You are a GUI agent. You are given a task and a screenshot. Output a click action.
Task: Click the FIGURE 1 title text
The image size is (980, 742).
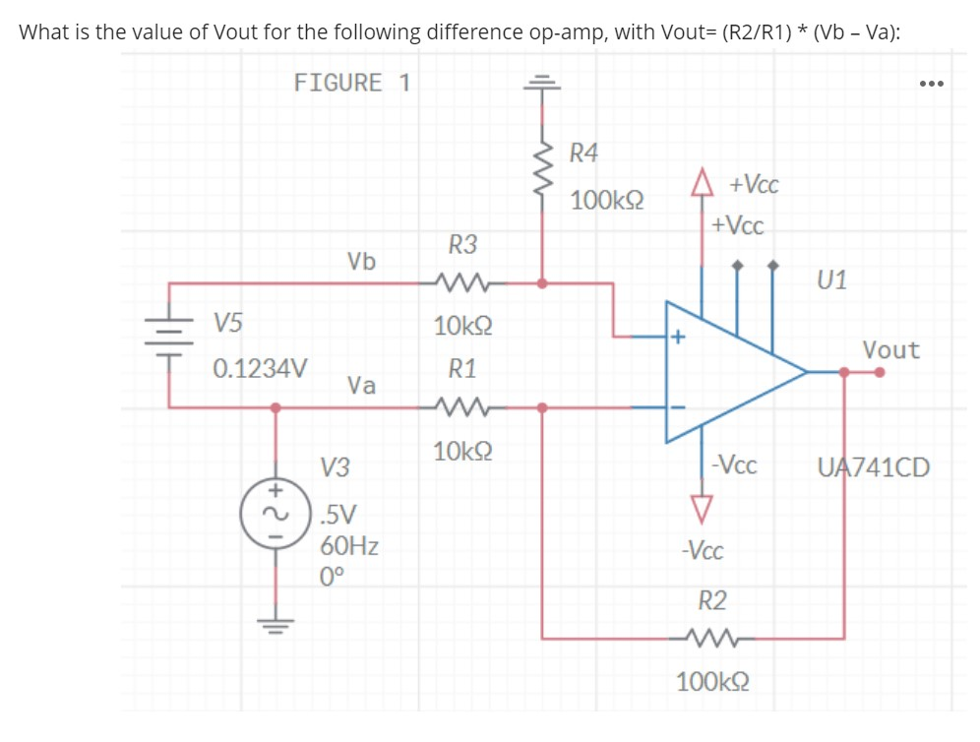352,83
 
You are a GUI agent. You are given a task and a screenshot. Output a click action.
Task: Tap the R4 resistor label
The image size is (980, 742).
584,153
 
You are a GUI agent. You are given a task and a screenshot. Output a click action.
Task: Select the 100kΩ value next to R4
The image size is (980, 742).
607,201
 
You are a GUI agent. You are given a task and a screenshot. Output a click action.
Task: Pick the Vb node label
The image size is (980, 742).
361,262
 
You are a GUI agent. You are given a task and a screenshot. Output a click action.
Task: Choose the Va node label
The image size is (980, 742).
361,385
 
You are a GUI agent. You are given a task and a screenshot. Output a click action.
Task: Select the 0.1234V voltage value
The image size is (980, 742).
260,370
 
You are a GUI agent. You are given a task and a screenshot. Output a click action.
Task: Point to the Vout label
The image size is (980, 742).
890,349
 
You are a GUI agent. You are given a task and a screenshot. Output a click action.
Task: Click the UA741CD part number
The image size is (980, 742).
873,466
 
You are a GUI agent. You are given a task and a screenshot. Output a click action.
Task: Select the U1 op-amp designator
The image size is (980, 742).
831,280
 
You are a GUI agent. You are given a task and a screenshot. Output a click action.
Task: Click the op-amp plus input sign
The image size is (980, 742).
678,339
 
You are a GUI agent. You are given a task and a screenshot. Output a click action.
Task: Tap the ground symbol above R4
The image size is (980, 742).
540,83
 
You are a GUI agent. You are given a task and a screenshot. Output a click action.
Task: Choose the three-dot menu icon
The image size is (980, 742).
930,84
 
